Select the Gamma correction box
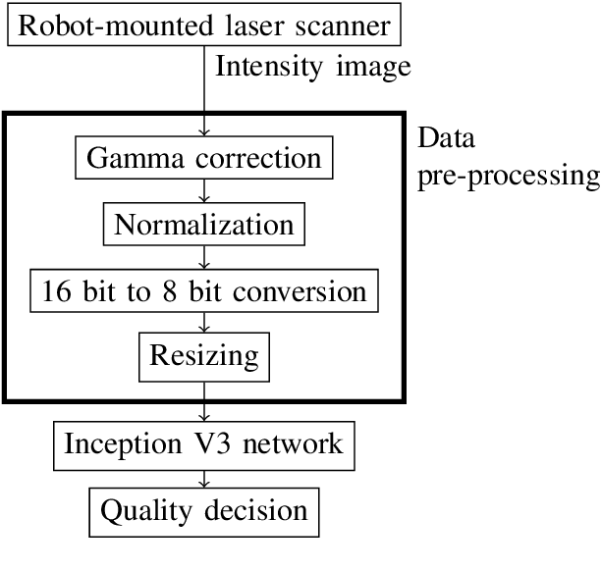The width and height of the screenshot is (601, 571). (204, 159)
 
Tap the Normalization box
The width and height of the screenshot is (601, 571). (204, 225)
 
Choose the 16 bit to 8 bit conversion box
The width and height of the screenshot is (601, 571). (204, 290)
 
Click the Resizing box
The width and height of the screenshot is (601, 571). (204, 354)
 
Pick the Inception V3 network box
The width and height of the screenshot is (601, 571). (204, 443)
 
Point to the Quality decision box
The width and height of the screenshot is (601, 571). (204, 509)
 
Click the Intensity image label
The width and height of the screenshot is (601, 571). (312, 68)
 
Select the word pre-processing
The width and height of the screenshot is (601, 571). (508, 177)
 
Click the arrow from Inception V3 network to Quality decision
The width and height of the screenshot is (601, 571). (204, 477)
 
